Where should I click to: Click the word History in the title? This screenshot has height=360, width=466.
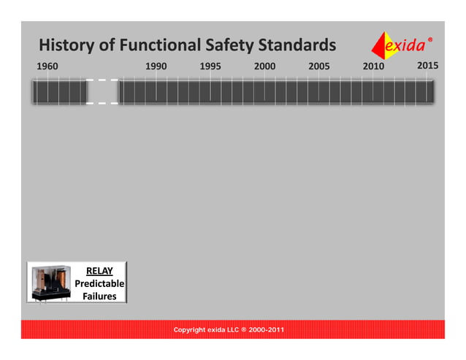pyautogui.click(x=66, y=45)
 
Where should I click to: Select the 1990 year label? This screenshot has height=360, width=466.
pyautogui.click(x=156, y=66)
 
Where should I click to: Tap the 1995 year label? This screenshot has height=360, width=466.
pyautogui.click(x=210, y=66)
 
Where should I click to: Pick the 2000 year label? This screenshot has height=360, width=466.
pyautogui.click(x=264, y=66)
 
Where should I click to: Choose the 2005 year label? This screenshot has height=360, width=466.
pyautogui.click(x=319, y=66)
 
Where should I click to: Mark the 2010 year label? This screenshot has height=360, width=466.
pyautogui.click(x=373, y=66)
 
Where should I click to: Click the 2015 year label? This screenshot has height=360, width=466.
pyautogui.click(x=427, y=66)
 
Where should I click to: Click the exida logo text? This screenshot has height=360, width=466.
pyautogui.click(x=406, y=47)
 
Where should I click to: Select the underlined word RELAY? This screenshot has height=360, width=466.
pyautogui.click(x=99, y=271)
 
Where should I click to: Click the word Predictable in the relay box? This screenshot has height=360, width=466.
pyautogui.click(x=99, y=283)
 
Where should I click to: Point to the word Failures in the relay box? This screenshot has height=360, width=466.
pyautogui.click(x=99, y=296)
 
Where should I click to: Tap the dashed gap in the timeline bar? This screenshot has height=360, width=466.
pyautogui.click(x=102, y=91)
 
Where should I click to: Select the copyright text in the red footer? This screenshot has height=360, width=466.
pyautogui.click(x=229, y=330)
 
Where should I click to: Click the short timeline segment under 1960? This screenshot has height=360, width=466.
pyautogui.click(x=59, y=91)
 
